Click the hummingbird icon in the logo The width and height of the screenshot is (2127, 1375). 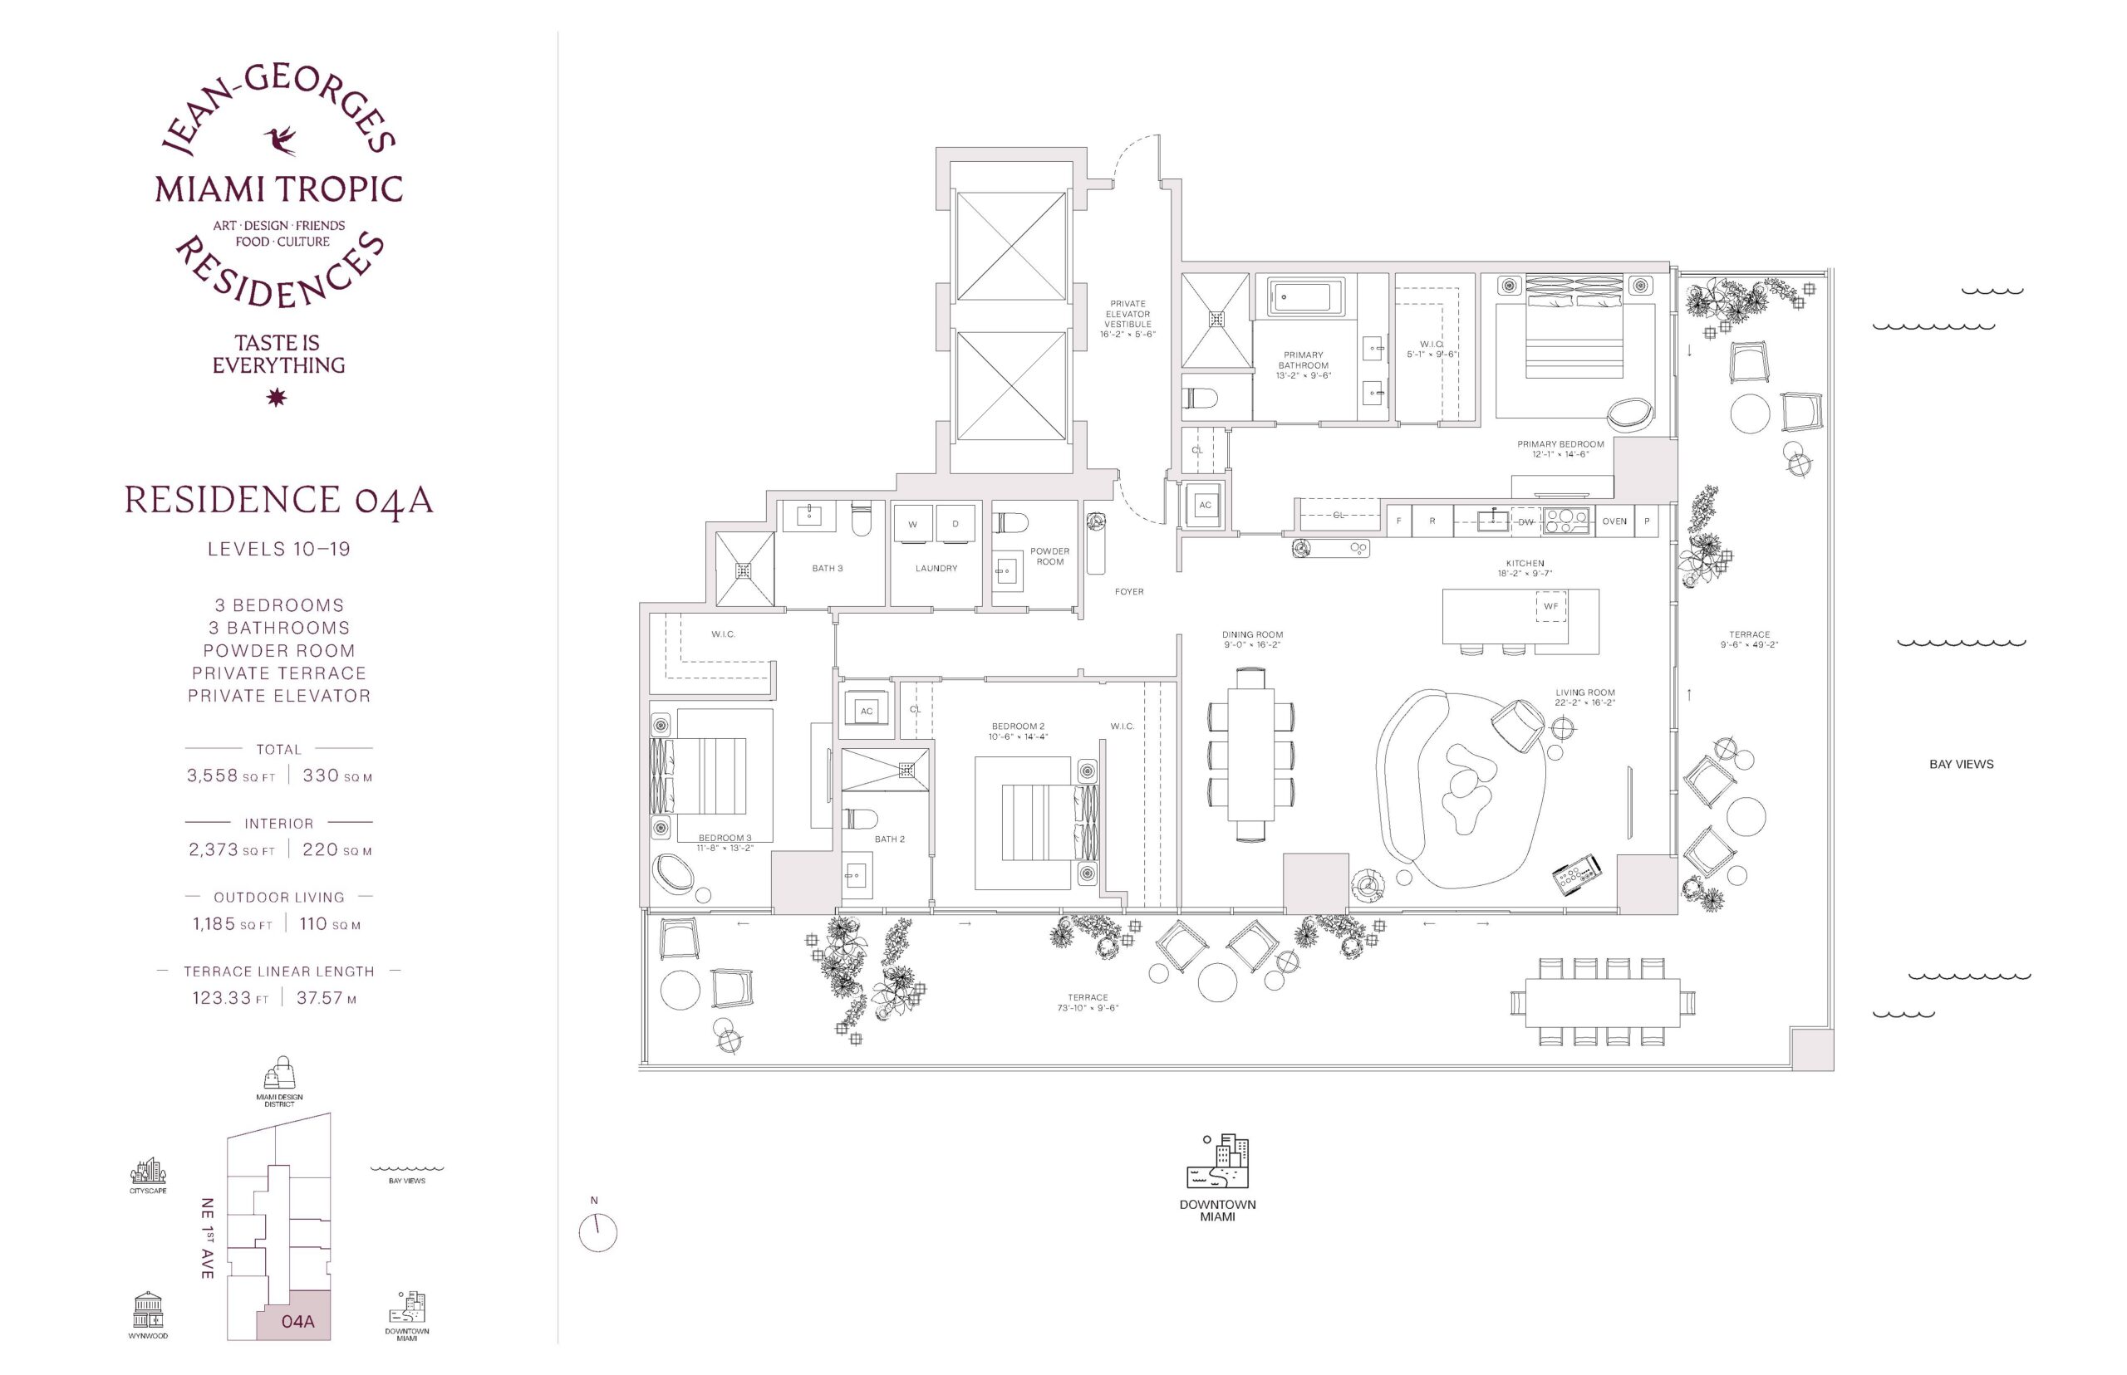point(280,141)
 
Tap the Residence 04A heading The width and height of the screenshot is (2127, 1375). point(278,501)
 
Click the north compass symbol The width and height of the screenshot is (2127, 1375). point(597,1233)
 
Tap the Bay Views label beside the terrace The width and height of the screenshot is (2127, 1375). point(1961,764)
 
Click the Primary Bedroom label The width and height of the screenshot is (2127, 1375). point(1560,443)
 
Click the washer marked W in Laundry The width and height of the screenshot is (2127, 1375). point(912,524)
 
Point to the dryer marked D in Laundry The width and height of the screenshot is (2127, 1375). point(955,524)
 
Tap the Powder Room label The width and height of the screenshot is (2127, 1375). point(1049,556)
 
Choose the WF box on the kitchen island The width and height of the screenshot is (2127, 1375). point(1551,606)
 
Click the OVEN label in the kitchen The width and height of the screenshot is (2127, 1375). point(1614,521)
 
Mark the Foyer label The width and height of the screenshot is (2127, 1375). point(1128,591)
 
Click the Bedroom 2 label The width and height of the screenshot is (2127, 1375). point(1018,726)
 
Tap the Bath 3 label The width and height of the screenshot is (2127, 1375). point(828,568)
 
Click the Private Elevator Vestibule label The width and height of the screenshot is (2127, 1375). point(1127,313)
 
